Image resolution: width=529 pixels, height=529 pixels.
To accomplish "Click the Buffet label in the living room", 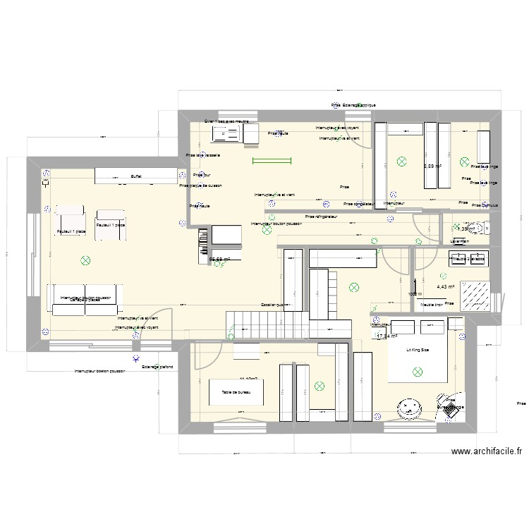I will tap(135, 177).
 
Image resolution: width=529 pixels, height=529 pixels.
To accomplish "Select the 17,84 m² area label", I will tap(387, 336).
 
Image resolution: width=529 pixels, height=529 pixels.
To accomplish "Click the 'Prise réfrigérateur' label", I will tap(322, 217).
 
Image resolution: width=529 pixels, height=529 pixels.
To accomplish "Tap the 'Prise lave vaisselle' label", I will tap(203, 155).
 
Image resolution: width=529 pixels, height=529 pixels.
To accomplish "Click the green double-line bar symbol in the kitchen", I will tap(272, 162).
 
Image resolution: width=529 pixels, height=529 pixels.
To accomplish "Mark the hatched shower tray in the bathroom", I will tap(476, 295).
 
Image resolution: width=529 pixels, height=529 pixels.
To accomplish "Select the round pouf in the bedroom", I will tap(408, 407).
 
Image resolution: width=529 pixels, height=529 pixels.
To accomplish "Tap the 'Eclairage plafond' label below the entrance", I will tap(157, 367).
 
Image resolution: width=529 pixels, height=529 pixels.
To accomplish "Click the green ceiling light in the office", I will tap(320, 386).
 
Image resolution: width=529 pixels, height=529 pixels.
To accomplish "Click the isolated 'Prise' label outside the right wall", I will tap(521, 403).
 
